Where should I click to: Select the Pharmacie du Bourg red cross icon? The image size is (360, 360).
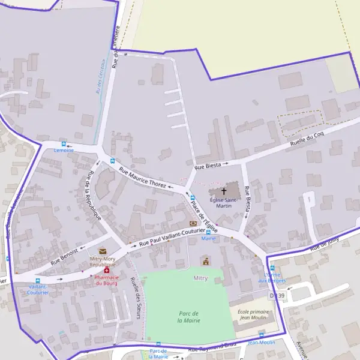click(x=107, y=271)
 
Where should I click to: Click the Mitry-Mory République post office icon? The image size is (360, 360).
click(x=102, y=251)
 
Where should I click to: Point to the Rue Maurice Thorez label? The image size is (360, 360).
click(x=142, y=177)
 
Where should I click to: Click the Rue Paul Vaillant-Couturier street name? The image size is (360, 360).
click(x=172, y=238)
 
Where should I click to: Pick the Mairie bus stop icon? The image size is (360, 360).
click(x=208, y=232)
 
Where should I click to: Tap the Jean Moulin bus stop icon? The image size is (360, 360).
click(x=261, y=334)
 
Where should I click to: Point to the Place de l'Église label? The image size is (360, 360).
click(x=203, y=215)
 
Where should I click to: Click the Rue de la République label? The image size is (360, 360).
click(x=94, y=194)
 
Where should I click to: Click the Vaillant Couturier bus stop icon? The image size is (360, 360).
click(x=38, y=280)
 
